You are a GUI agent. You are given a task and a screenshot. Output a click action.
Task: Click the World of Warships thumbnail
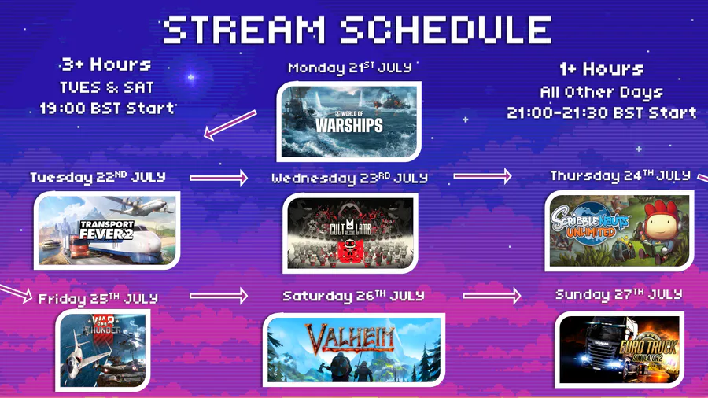[x=349, y=121]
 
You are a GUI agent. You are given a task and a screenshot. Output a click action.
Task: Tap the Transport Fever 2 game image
[x=107, y=230]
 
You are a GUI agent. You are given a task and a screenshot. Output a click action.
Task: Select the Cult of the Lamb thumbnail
[x=350, y=233]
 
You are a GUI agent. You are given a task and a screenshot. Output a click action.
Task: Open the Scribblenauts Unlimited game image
[x=619, y=230]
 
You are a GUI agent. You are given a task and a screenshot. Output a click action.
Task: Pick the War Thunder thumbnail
[x=103, y=350]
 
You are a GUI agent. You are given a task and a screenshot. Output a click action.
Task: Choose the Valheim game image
[x=353, y=350]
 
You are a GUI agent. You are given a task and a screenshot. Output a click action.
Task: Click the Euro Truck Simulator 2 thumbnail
[x=619, y=349]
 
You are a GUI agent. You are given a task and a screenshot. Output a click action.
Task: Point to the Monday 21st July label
[x=350, y=68]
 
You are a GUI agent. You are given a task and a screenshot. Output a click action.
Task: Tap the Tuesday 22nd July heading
[x=98, y=177]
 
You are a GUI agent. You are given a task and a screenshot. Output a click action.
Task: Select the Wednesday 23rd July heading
[x=349, y=179]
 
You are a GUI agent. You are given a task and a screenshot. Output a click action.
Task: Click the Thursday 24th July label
[x=621, y=175]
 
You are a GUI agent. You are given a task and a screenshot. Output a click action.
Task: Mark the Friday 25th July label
[x=98, y=298]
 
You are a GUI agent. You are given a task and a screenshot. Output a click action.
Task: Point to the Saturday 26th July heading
[x=353, y=296]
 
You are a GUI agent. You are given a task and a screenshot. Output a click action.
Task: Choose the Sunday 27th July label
[x=618, y=295]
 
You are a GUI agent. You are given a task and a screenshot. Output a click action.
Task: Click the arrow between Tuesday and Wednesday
[x=219, y=178]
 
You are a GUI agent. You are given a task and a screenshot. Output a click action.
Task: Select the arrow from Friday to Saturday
[x=219, y=296]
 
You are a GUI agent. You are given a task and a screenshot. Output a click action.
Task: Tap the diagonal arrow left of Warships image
[x=230, y=125]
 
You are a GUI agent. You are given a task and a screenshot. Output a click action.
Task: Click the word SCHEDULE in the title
[x=446, y=30]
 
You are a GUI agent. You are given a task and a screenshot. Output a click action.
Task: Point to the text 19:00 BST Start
[x=107, y=109]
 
